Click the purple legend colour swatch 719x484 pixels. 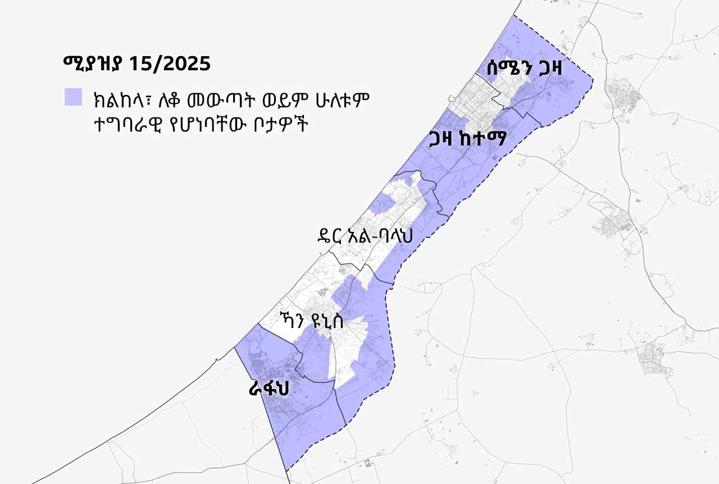pyautogui.click(x=73, y=97)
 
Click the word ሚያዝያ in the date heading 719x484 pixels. pyautogui.click(x=92, y=63)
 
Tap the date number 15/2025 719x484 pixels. pyautogui.click(x=169, y=63)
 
